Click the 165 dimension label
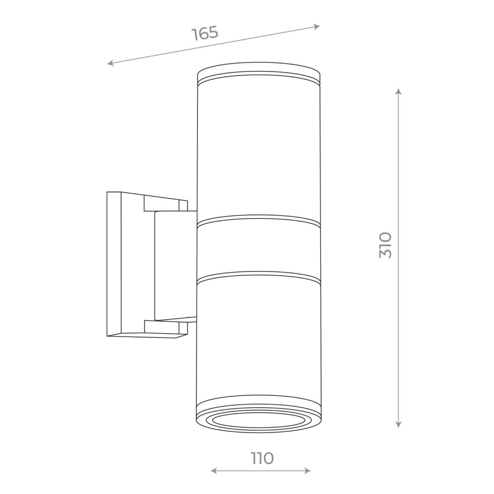205,33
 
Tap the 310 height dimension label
386,245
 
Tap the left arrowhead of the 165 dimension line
110,63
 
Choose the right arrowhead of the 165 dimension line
317,27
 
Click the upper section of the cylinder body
259,148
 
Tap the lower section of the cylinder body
259,338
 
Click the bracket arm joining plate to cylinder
175,266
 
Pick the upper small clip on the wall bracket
165,205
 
